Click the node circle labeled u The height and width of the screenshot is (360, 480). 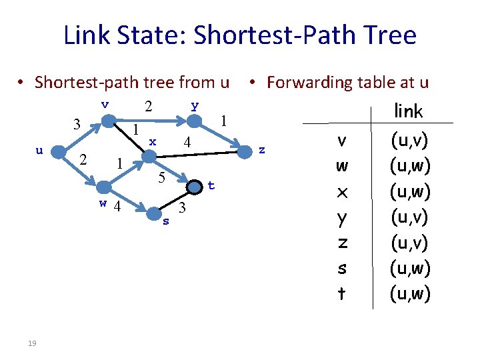(x=59, y=151)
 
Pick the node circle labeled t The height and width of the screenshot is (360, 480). (x=195, y=187)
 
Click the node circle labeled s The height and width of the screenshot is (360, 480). (x=154, y=213)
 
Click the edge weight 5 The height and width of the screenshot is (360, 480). (x=161, y=178)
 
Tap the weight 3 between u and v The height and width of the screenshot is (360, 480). (x=77, y=125)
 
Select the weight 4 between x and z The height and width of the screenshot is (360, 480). (x=187, y=142)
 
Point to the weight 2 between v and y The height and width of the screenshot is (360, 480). (x=149, y=107)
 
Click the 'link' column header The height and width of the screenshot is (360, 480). (x=409, y=111)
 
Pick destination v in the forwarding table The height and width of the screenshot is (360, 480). (x=342, y=141)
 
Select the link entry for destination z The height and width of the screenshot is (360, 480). (x=410, y=242)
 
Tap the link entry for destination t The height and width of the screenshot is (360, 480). (x=410, y=293)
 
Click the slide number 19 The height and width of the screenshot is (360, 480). (x=32, y=343)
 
